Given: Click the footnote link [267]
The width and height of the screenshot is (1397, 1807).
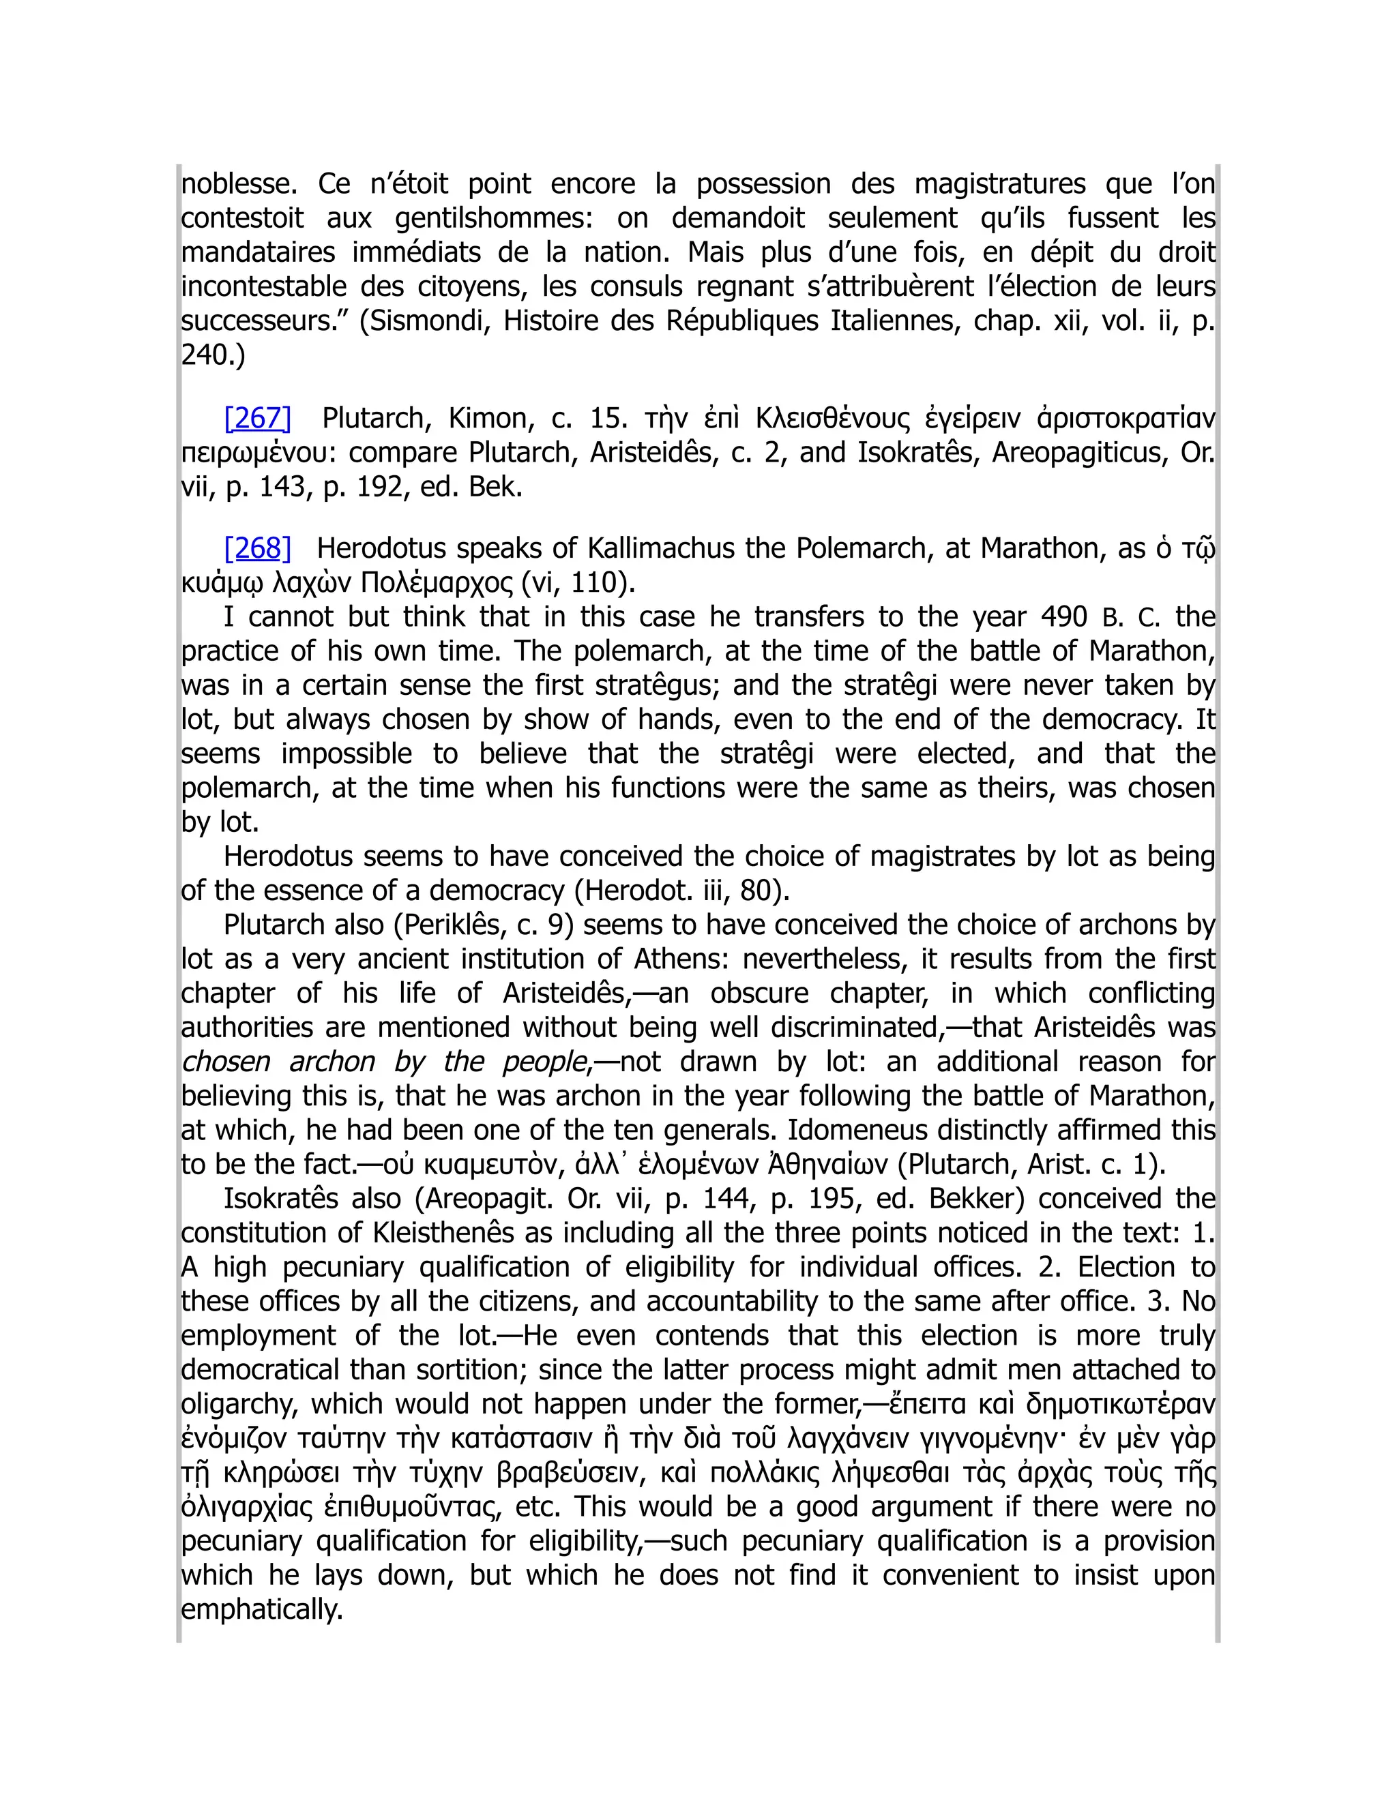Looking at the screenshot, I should [x=257, y=419].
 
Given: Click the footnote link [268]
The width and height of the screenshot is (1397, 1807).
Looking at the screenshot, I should [x=257, y=548].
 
